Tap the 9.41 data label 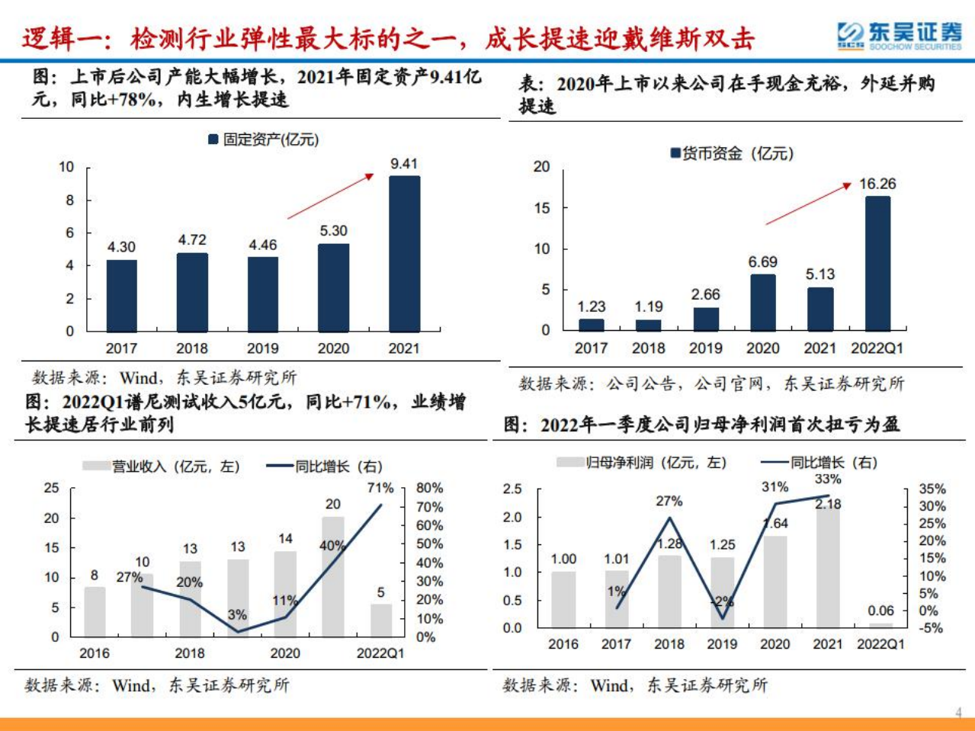[404, 164]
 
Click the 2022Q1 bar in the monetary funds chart [877, 263]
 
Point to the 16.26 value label [877, 184]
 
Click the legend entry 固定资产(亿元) [264, 139]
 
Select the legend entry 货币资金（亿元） [731, 153]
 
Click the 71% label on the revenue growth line [380, 488]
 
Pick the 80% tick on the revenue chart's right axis [429, 488]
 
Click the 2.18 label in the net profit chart [828, 504]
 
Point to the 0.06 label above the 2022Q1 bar [880, 611]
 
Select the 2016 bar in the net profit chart [563, 599]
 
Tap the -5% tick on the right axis [931, 628]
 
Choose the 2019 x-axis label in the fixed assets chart [263, 348]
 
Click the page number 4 [958, 713]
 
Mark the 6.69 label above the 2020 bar [762, 262]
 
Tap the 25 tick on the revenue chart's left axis [51, 488]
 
